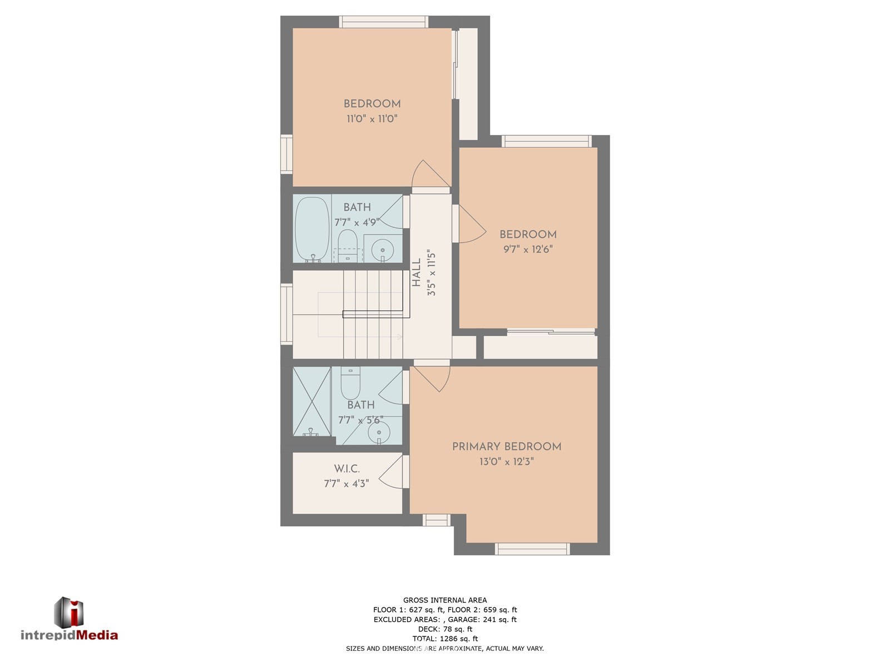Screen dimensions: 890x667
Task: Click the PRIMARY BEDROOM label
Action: click(x=506, y=446)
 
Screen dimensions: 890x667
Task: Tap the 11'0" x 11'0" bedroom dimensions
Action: click(x=372, y=118)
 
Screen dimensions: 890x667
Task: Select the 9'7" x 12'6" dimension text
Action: click(x=528, y=249)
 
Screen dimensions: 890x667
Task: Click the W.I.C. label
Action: click(x=347, y=469)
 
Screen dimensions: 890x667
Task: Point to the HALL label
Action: click(x=417, y=273)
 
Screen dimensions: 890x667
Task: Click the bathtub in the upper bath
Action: click(x=312, y=230)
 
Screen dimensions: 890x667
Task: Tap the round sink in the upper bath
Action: click(x=382, y=248)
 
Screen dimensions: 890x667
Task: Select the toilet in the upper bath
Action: click(x=348, y=245)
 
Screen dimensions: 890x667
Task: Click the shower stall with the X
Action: click(x=312, y=401)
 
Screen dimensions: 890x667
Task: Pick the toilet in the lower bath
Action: click(x=350, y=383)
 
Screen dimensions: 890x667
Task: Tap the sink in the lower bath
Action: click(x=379, y=432)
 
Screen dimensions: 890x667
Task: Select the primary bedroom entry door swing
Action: click(x=432, y=379)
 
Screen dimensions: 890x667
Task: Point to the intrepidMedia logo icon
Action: click(x=68, y=613)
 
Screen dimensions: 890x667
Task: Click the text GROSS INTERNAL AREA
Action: click(x=445, y=600)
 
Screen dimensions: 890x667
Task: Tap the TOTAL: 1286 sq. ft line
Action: click(x=445, y=638)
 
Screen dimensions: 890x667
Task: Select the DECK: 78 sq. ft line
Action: click(x=445, y=629)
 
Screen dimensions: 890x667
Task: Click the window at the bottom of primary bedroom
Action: click(x=532, y=549)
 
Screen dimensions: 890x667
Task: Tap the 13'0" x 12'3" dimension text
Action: click(x=506, y=461)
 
